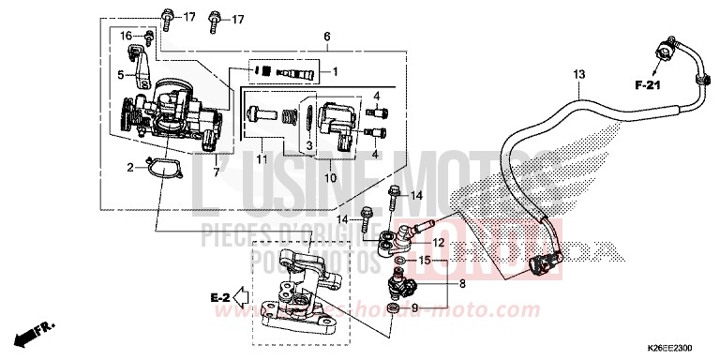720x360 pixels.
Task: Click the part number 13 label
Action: pos(578,74)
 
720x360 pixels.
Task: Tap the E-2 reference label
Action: pos(219,297)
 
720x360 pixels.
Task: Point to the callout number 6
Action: pos(327,37)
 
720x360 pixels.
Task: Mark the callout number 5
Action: pos(120,73)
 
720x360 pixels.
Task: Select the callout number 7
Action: pos(217,172)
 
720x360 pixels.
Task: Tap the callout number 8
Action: pos(460,282)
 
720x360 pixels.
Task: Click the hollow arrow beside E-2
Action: pos(241,297)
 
